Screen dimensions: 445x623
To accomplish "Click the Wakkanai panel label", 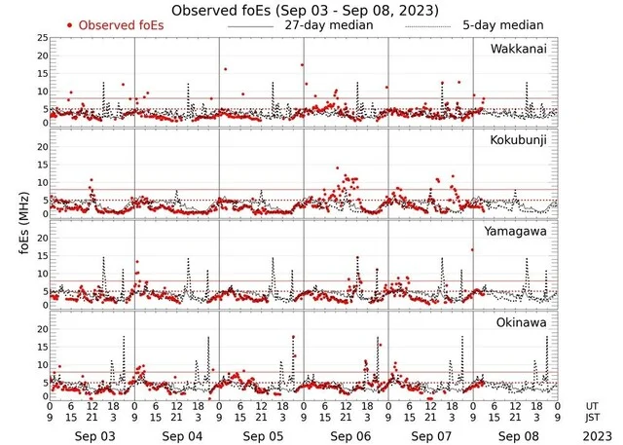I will point(518,48).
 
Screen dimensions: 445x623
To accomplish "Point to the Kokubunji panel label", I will point(518,141).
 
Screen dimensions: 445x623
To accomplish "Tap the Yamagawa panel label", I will point(518,231).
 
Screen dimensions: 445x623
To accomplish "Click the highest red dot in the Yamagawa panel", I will point(472,250).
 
